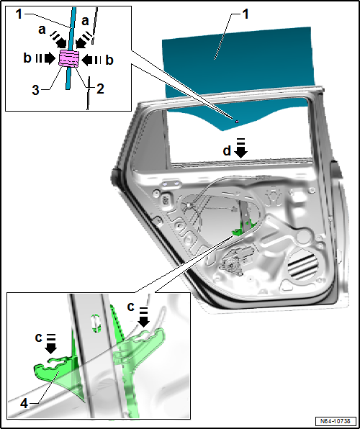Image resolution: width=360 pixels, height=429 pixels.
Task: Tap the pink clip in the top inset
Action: coord(69,58)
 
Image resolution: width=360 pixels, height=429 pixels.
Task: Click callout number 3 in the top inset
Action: coord(35,90)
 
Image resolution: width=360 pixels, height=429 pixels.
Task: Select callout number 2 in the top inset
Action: coord(101,89)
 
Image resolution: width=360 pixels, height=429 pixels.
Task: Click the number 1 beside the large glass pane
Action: coord(246,14)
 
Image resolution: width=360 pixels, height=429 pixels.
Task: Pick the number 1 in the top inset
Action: coord(18,14)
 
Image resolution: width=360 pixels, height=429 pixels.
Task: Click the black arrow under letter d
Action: coord(241,148)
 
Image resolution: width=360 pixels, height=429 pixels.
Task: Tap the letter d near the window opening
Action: coord(227,150)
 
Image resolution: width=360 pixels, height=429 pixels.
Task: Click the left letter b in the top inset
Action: coord(27,58)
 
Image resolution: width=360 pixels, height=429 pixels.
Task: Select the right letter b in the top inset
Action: coord(109,60)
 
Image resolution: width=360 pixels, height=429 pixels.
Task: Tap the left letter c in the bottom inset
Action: coord(38,338)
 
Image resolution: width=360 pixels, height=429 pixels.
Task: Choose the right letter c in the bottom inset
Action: coord(131,307)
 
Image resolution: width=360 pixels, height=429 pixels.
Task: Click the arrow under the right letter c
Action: coord(143,317)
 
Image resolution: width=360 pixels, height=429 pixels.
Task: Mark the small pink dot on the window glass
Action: coord(237,122)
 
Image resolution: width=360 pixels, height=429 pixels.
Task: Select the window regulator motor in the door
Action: coord(234,262)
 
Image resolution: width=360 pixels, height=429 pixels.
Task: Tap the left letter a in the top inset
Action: coord(42,30)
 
